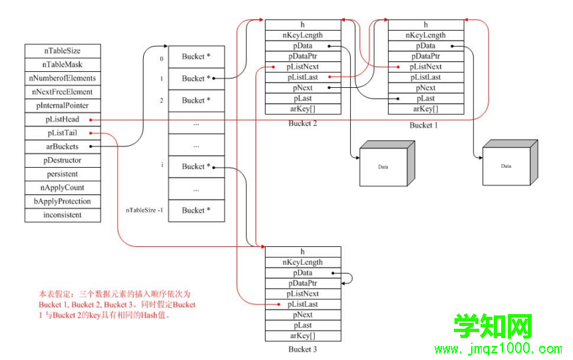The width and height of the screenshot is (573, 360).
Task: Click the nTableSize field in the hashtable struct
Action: pos(63,51)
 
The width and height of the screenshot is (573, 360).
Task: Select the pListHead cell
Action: pos(63,119)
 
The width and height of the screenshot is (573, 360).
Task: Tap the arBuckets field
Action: pos(63,146)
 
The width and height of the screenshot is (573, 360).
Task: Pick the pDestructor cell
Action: pos(63,160)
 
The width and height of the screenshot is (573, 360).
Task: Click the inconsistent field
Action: pos(63,215)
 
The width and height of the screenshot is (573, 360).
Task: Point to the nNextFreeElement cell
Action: pos(63,92)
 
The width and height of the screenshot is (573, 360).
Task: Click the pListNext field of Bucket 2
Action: pos(303,67)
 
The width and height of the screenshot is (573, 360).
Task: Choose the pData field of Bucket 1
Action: pos(426,46)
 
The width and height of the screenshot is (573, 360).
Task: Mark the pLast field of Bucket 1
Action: pos(426,98)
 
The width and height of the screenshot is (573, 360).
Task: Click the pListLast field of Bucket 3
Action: pos(303,304)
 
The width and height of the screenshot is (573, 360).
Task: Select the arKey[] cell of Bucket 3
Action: pos(303,335)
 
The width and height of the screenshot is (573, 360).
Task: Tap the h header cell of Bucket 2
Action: pos(303,25)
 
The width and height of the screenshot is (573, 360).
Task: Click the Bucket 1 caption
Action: pos(423,125)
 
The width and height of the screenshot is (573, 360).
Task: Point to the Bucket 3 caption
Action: pos(303,349)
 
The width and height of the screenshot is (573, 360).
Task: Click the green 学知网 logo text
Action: pos(493,326)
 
